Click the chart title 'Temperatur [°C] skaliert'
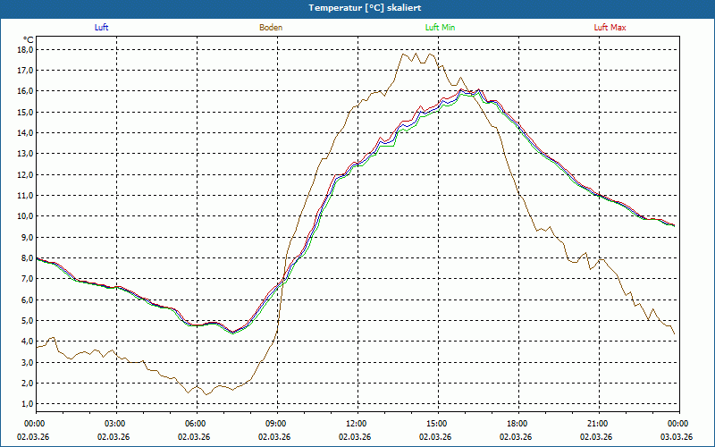(x=357, y=7)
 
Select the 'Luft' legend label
(x=101, y=28)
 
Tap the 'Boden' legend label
(x=271, y=28)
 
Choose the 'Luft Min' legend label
(x=441, y=28)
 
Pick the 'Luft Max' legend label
(x=610, y=28)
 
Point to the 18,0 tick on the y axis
(x=24, y=49)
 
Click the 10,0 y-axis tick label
(x=24, y=216)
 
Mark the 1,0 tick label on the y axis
(x=26, y=404)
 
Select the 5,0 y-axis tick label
(x=26, y=320)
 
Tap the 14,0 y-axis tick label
(x=24, y=132)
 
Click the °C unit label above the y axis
(x=28, y=39)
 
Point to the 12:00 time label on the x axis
(x=357, y=424)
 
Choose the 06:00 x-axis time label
(x=196, y=424)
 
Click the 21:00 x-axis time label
(x=598, y=424)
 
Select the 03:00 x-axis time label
(x=115, y=424)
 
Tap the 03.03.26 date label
(x=677, y=436)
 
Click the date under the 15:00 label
(x=437, y=436)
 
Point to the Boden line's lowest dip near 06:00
(x=205, y=394)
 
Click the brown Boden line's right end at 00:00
(x=675, y=335)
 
